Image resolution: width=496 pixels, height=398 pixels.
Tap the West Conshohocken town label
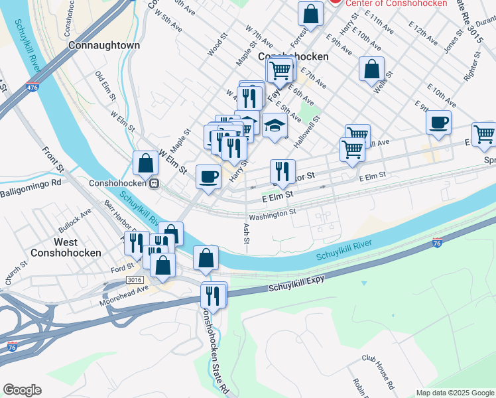[66, 247]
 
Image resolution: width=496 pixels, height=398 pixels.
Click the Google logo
[22, 390]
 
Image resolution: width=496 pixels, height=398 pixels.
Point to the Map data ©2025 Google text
[455, 393]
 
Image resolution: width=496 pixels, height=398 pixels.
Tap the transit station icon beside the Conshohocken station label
[154, 183]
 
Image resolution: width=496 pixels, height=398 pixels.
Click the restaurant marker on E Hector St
[283, 171]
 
